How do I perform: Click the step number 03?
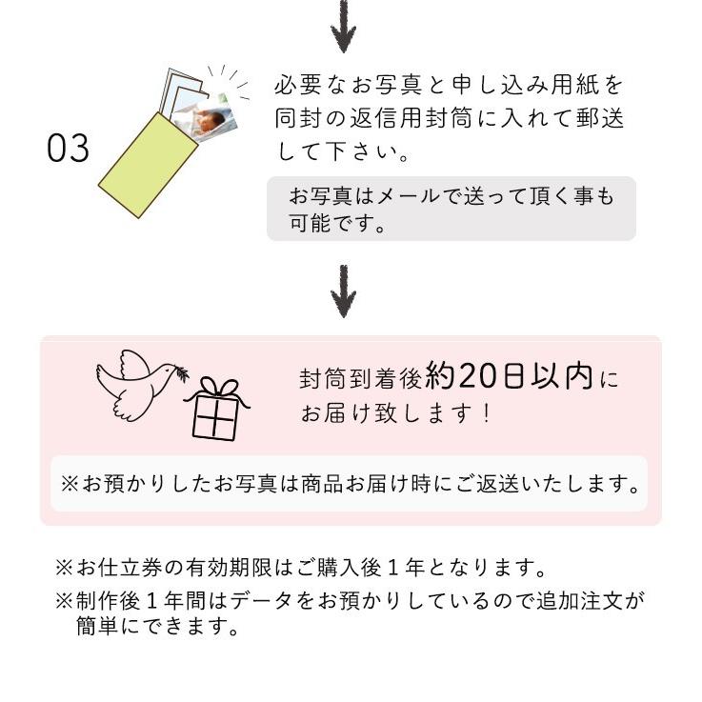click(68, 149)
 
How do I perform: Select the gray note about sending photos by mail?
click(451, 210)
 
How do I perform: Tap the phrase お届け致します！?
click(396, 414)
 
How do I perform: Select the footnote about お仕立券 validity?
click(301, 570)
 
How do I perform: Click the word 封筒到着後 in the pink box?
click(360, 379)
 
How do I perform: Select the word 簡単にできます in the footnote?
click(158, 627)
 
